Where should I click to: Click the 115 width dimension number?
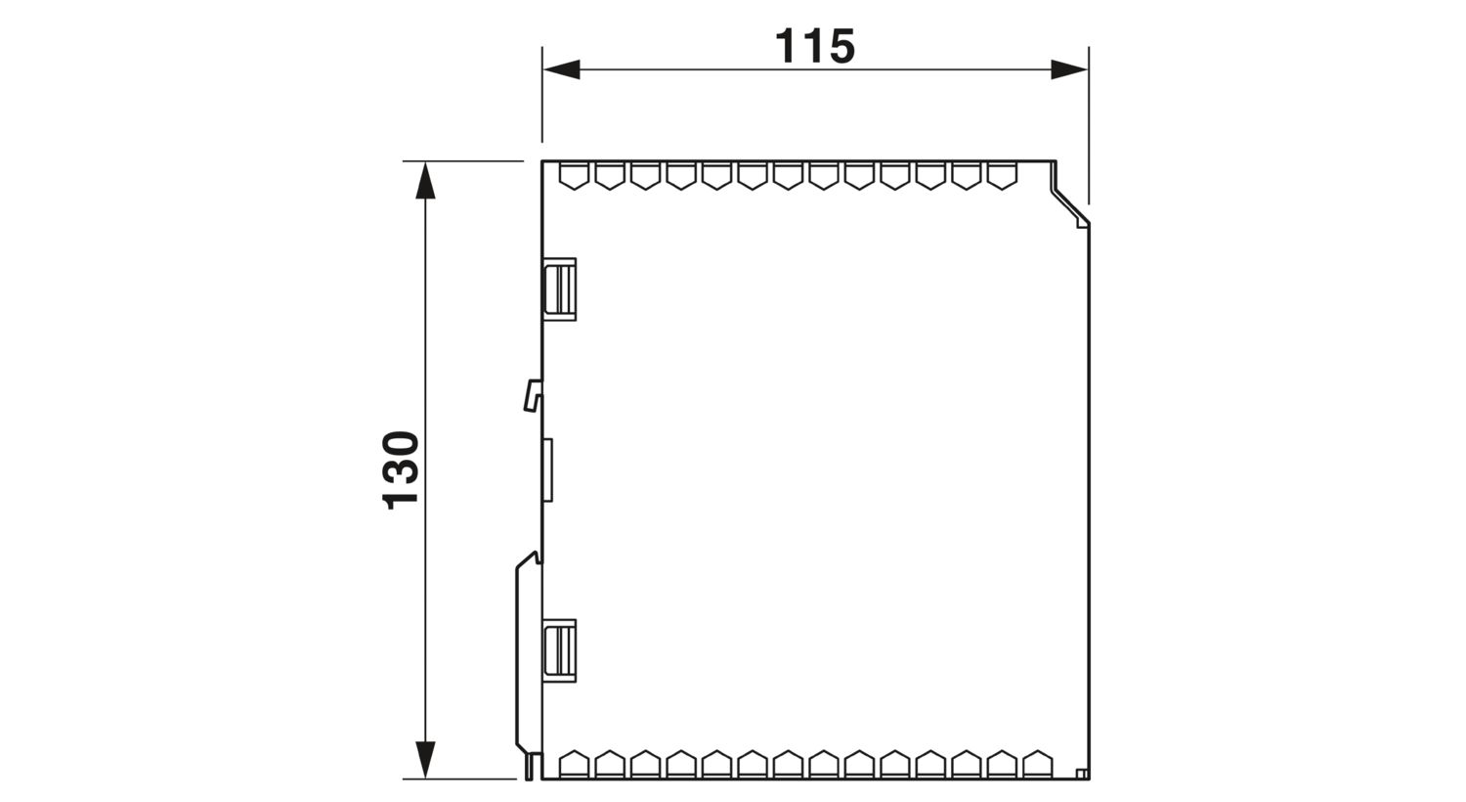[815, 47]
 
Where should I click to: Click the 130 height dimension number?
[401, 470]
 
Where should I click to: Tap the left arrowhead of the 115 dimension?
[562, 69]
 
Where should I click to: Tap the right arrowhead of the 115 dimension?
[1069, 69]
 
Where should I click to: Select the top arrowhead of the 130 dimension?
[425, 180]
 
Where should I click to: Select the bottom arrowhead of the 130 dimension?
[425, 760]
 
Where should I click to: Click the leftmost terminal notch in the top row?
[575, 176]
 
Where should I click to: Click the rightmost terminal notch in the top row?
[1002, 176]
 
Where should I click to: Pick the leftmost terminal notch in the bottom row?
[575, 764]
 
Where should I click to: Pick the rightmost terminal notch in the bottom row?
[1037, 764]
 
